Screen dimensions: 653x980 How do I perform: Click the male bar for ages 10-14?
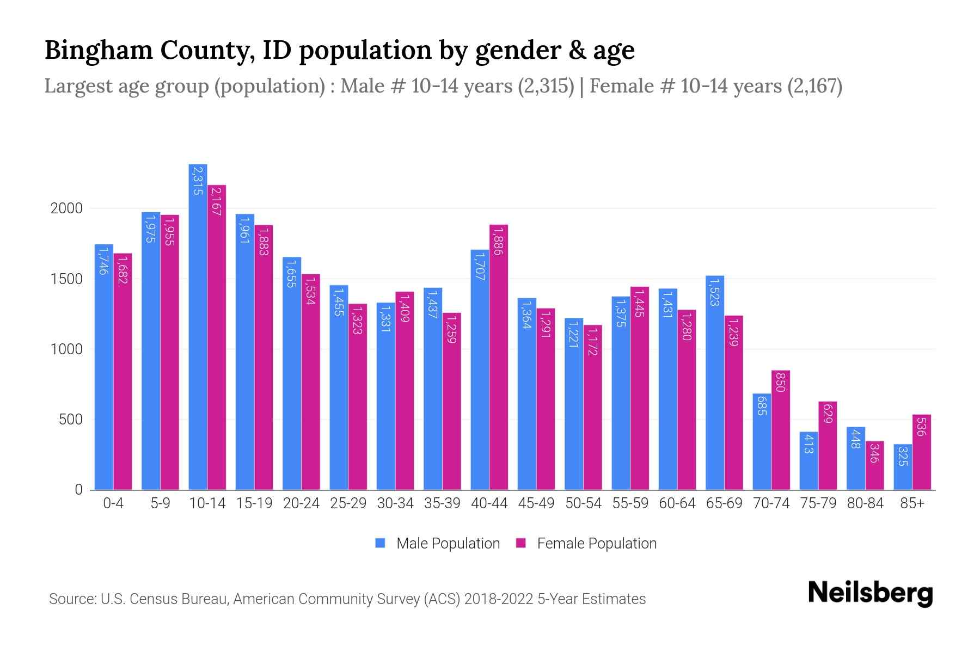(x=198, y=326)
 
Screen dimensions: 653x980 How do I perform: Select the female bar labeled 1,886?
(x=499, y=357)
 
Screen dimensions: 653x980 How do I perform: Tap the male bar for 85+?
(x=902, y=467)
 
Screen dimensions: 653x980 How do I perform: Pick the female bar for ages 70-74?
(x=780, y=430)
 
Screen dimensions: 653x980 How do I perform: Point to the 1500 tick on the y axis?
(x=66, y=279)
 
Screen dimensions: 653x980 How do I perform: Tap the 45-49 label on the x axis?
(x=536, y=503)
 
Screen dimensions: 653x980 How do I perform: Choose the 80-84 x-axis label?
(x=865, y=503)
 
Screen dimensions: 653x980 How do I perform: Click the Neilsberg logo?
(x=870, y=593)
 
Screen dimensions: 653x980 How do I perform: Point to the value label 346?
(x=874, y=453)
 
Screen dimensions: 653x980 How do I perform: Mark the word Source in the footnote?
(x=71, y=599)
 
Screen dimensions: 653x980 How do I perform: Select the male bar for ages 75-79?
(x=808, y=461)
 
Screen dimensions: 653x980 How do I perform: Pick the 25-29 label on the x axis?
(x=348, y=503)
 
